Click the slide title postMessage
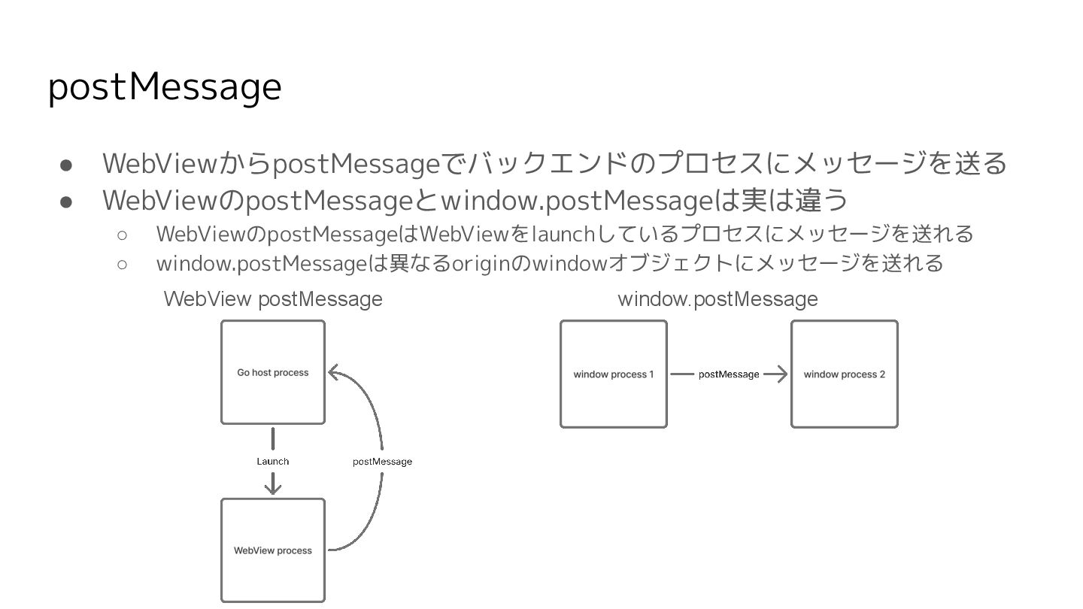tap(164, 87)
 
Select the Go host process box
tap(273, 372)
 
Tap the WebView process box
tap(273, 550)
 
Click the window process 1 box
tap(614, 374)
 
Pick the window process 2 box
tap(844, 374)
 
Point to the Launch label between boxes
tap(273, 461)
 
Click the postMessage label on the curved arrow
tap(382, 461)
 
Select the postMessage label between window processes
tap(728, 374)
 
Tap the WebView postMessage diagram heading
tap(273, 299)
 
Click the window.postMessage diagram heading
tap(717, 299)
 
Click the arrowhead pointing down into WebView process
tap(273, 489)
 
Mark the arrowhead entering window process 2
tap(782, 374)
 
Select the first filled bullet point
tap(65, 164)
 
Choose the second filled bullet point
tap(65, 201)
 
